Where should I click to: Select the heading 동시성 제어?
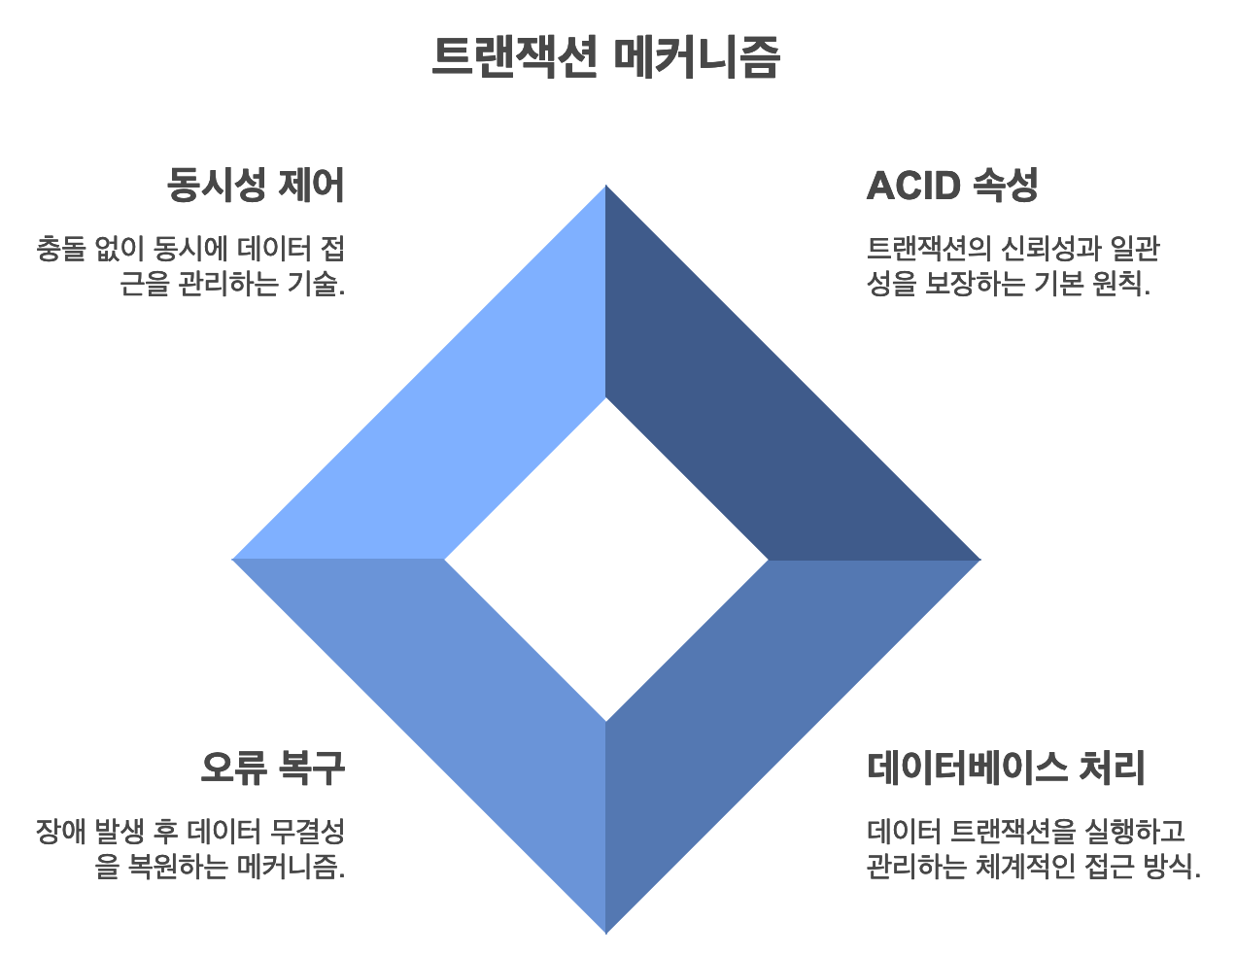point(256,185)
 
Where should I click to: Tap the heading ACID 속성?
point(951,185)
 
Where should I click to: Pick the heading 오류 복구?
point(272,768)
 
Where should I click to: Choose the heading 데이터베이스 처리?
point(1006,768)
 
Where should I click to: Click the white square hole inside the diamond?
point(606,560)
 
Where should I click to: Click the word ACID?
point(913,185)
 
